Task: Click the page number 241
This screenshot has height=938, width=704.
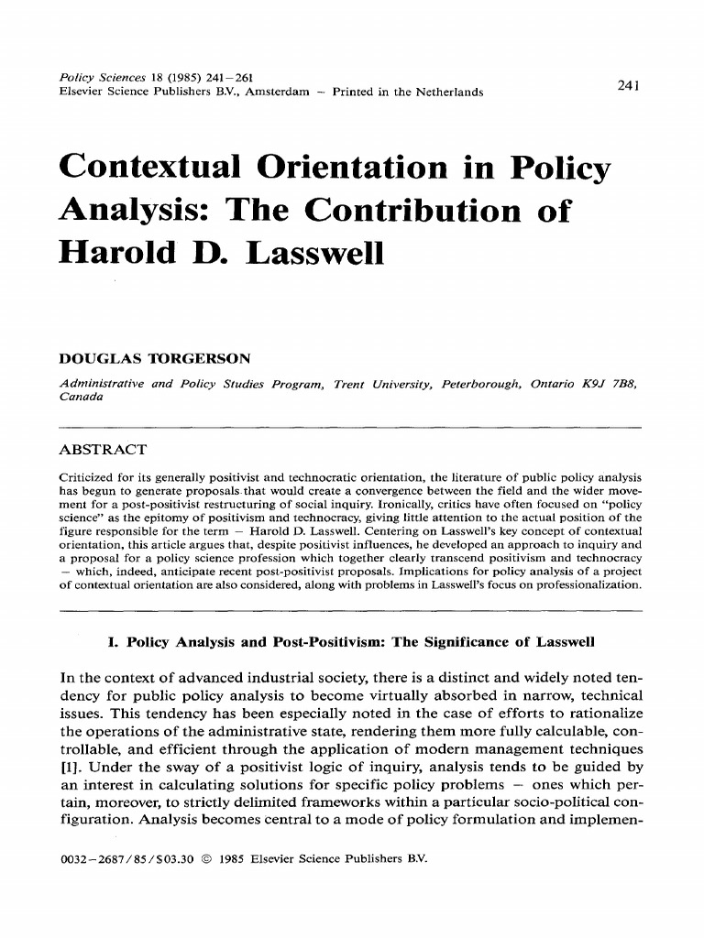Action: [628, 85]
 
